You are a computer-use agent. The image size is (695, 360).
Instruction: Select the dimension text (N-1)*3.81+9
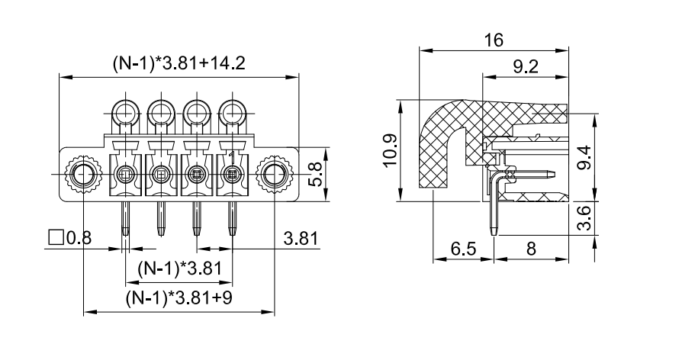(179, 298)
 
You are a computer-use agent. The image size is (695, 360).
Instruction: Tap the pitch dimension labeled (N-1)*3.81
(179, 268)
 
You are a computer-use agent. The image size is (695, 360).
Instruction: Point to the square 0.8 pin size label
(69, 238)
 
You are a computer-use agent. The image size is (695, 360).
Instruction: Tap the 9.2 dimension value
(526, 66)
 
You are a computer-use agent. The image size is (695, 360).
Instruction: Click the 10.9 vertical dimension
(391, 149)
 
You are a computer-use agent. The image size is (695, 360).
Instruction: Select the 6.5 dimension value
(462, 249)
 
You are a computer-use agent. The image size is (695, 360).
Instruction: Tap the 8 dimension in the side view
(530, 249)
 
